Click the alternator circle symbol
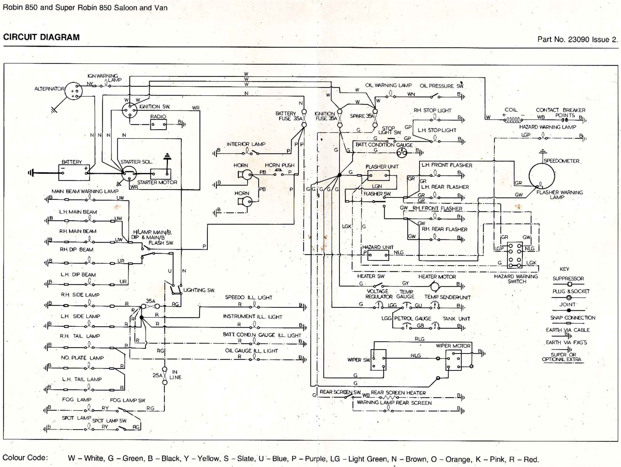click(73, 91)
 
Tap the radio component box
click(158, 124)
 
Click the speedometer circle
click(542, 176)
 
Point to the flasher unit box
click(378, 175)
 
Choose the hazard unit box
click(378, 255)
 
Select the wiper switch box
click(378, 360)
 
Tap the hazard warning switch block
click(515, 255)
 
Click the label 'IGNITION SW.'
click(154, 107)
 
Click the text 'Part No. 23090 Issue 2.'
click(577, 39)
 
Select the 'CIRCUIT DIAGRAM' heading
click(41, 37)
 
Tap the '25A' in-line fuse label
click(157, 375)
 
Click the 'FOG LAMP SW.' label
click(128, 400)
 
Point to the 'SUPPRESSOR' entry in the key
click(568, 279)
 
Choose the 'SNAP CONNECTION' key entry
click(572, 318)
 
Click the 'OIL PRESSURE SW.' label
click(441, 86)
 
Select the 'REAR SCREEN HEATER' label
click(398, 393)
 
